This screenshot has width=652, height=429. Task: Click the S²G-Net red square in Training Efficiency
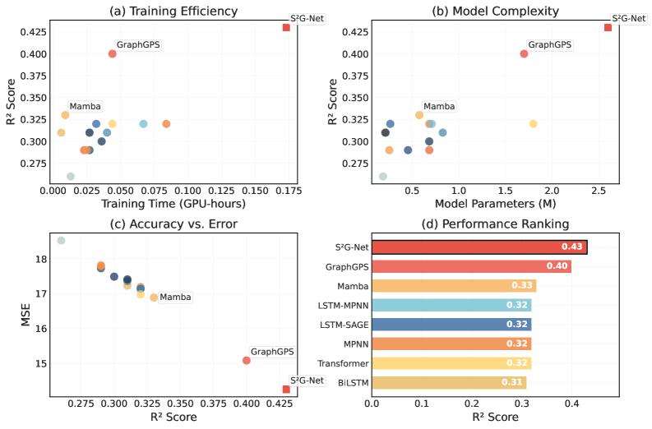pyautogui.click(x=286, y=27)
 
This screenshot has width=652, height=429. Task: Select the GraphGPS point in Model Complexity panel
pyautogui.click(x=524, y=53)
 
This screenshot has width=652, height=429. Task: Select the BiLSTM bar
pyautogui.click(x=450, y=382)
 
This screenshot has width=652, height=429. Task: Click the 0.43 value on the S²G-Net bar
pyautogui.click(x=572, y=247)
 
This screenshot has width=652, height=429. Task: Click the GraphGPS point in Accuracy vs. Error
pyautogui.click(x=247, y=360)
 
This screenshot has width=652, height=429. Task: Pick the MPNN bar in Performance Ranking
pyautogui.click(x=452, y=344)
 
